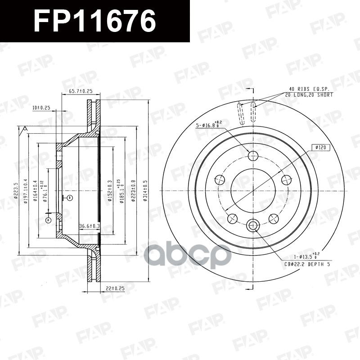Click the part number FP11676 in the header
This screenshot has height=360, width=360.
click(x=94, y=21)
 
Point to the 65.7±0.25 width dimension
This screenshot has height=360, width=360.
click(x=81, y=91)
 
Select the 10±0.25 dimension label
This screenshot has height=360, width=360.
click(x=41, y=108)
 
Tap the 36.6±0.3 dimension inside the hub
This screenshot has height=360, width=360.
click(x=89, y=226)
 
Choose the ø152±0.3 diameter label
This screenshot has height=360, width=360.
click(x=109, y=191)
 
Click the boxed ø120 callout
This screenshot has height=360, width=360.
click(x=320, y=147)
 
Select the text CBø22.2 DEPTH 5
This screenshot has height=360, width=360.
click(x=307, y=264)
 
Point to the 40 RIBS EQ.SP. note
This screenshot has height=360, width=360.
click(x=309, y=90)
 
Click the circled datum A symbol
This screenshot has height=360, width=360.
click(x=48, y=220)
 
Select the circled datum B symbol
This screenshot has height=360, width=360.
click(x=70, y=198)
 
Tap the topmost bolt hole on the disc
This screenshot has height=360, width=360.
click(x=253, y=156)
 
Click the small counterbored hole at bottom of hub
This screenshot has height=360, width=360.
click(x=253, y=225)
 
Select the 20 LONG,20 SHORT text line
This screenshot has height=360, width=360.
click(x=309, y=95)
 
